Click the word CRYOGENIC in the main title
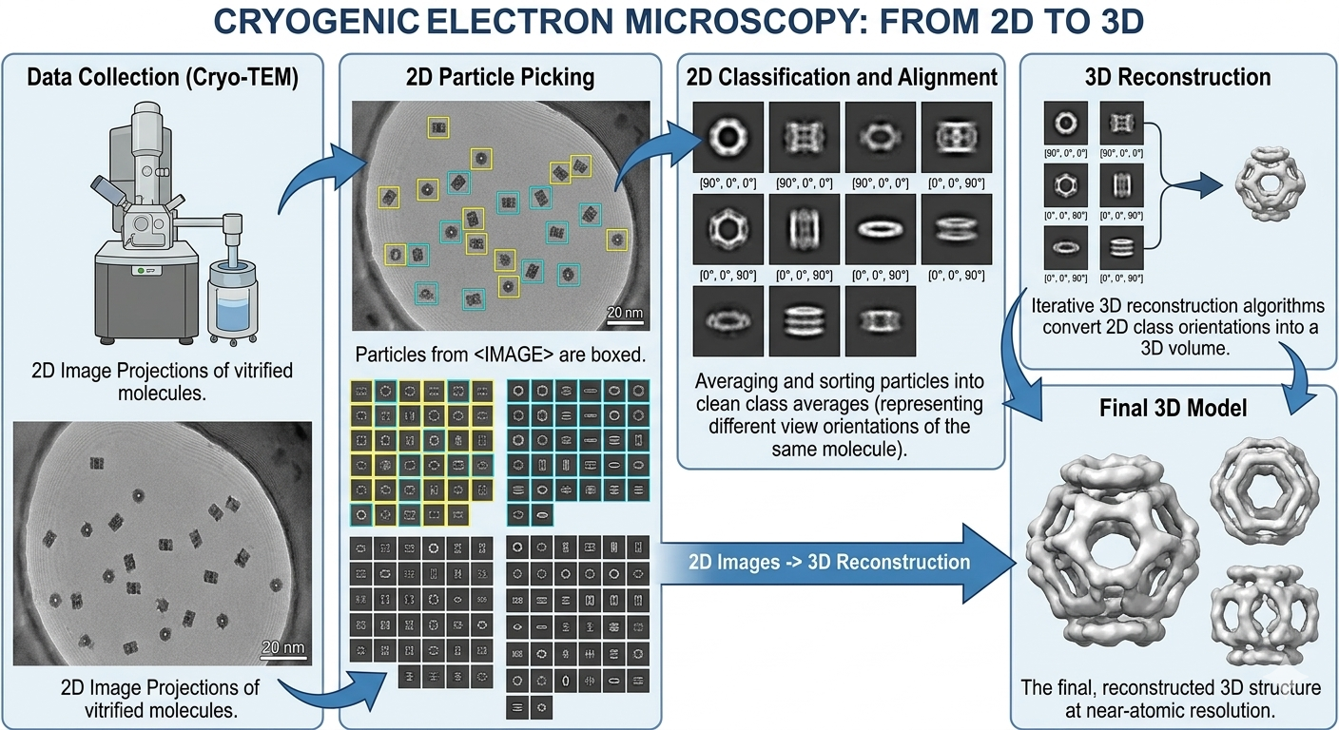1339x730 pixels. [317, 22]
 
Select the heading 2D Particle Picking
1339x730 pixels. [499, 77]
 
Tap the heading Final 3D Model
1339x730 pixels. [1173, 408]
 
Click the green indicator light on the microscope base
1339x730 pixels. [141, 271]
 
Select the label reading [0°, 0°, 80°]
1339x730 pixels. [1065, 216]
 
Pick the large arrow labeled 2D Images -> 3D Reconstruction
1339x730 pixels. [837, 563]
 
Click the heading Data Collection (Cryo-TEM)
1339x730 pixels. [163, 78]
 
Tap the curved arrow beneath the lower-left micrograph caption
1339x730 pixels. [332, 692]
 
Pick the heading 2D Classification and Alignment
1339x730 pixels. [842, 77]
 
